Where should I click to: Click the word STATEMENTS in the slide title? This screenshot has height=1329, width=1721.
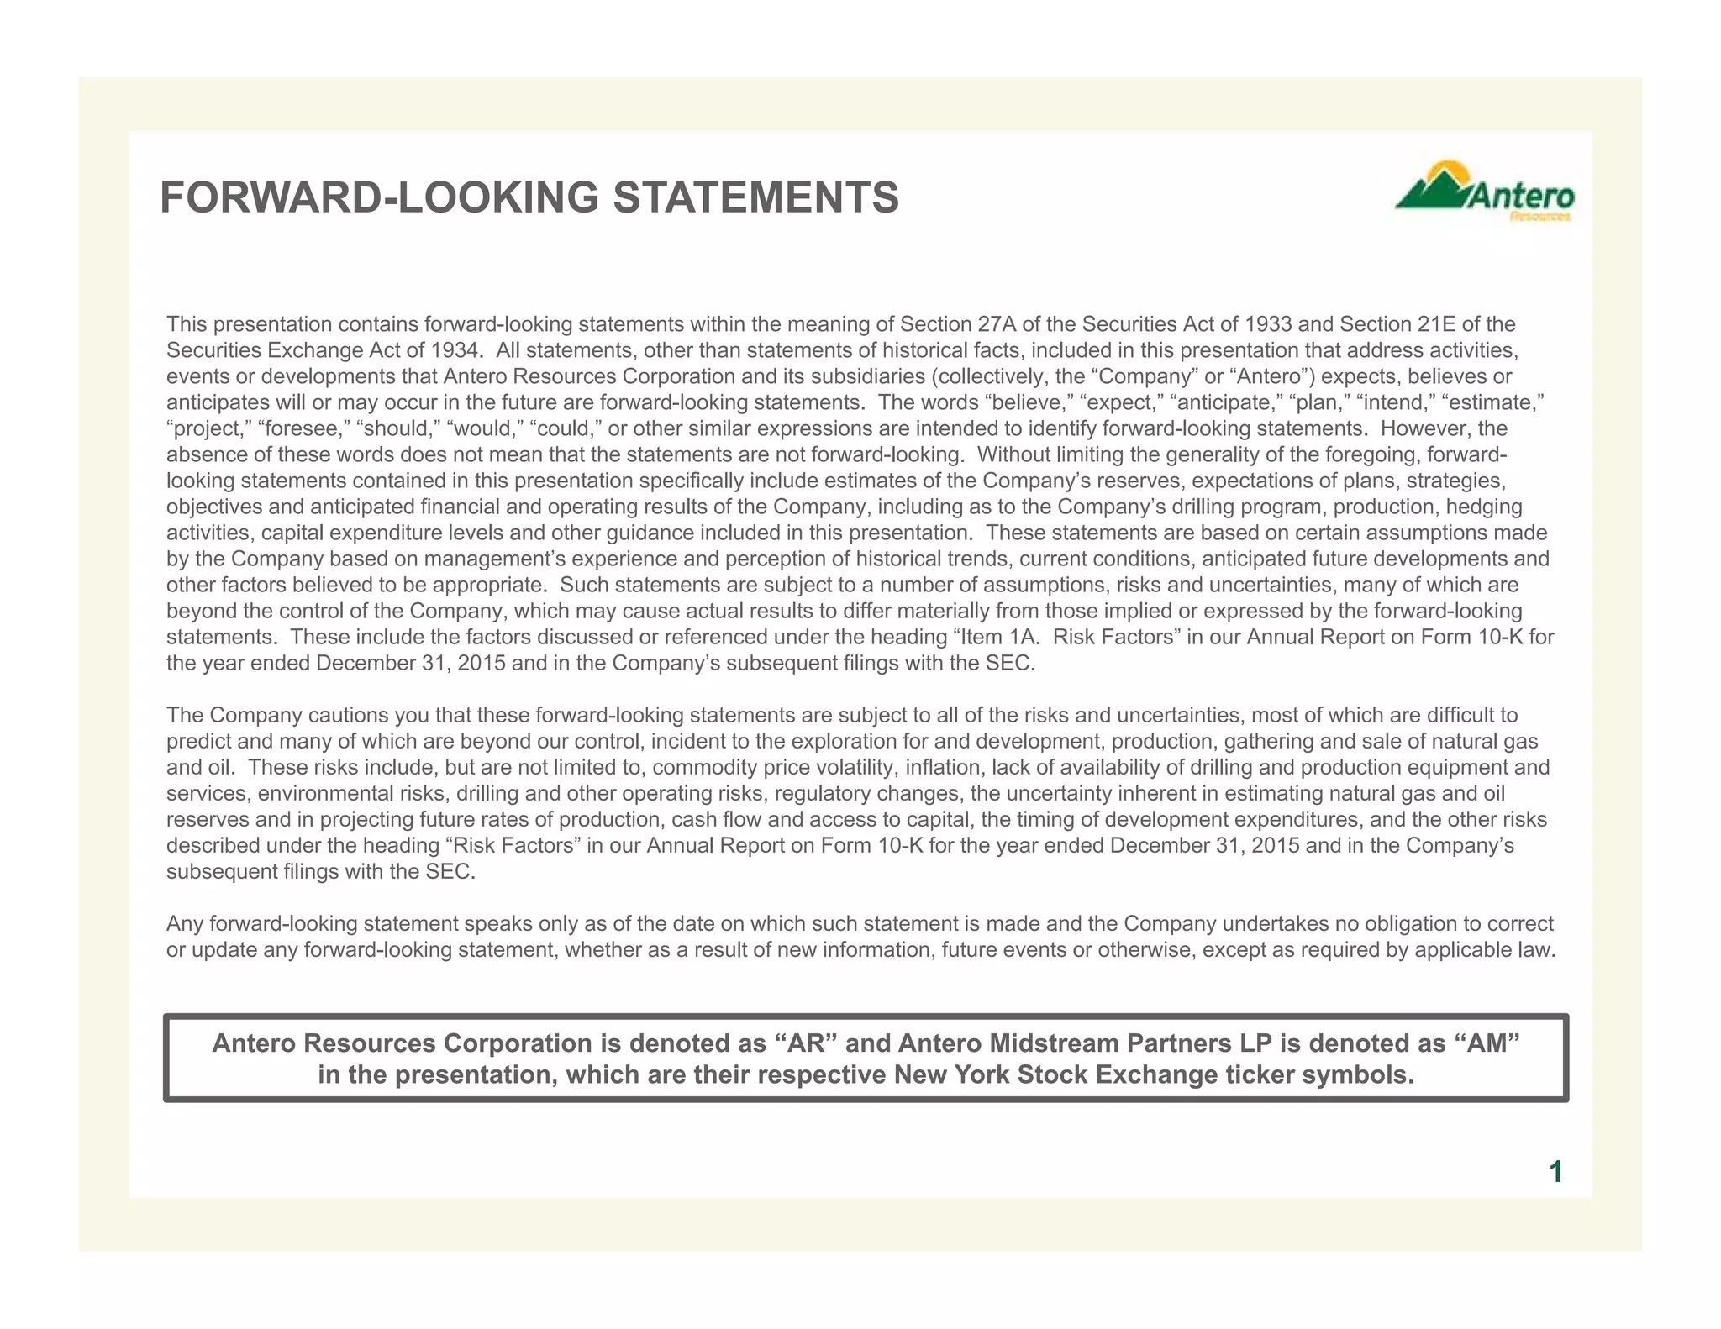click(x=755, y=198)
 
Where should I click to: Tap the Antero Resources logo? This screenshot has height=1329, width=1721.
click(x=1484, y=192)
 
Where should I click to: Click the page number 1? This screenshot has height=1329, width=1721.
click(x=1555, y=1172)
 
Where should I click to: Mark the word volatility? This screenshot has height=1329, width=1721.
click(x=849, y=768)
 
